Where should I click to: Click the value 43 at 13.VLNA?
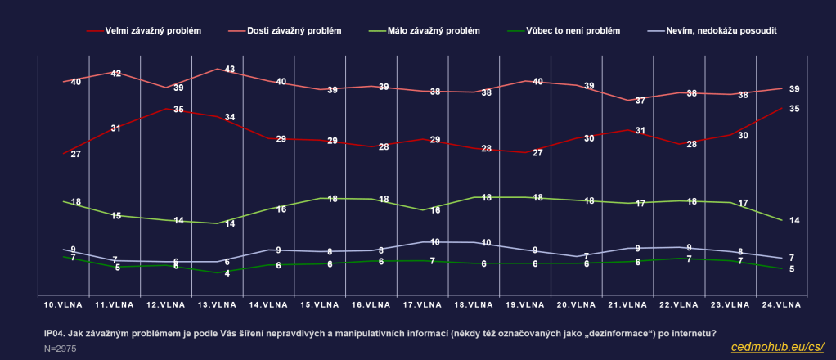pyautogui.click(x=230, y=70)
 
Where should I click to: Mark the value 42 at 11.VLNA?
pyautogui.click(x=116, y=74)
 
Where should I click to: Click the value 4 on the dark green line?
pyautogui.click(x=227, y=273)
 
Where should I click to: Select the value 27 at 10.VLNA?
pyautogui.click(x=76, y=154)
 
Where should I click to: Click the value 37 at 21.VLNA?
pyautogui.click(x=640, y=101)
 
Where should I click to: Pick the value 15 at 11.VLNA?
pyautogui.click(x=116, y=216)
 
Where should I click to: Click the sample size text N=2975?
pyautogui.click(x=60, y=349)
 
